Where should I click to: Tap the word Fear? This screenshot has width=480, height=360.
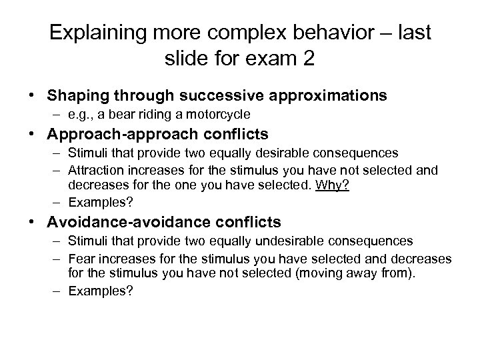pyautogui.click(x=82, y=258)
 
